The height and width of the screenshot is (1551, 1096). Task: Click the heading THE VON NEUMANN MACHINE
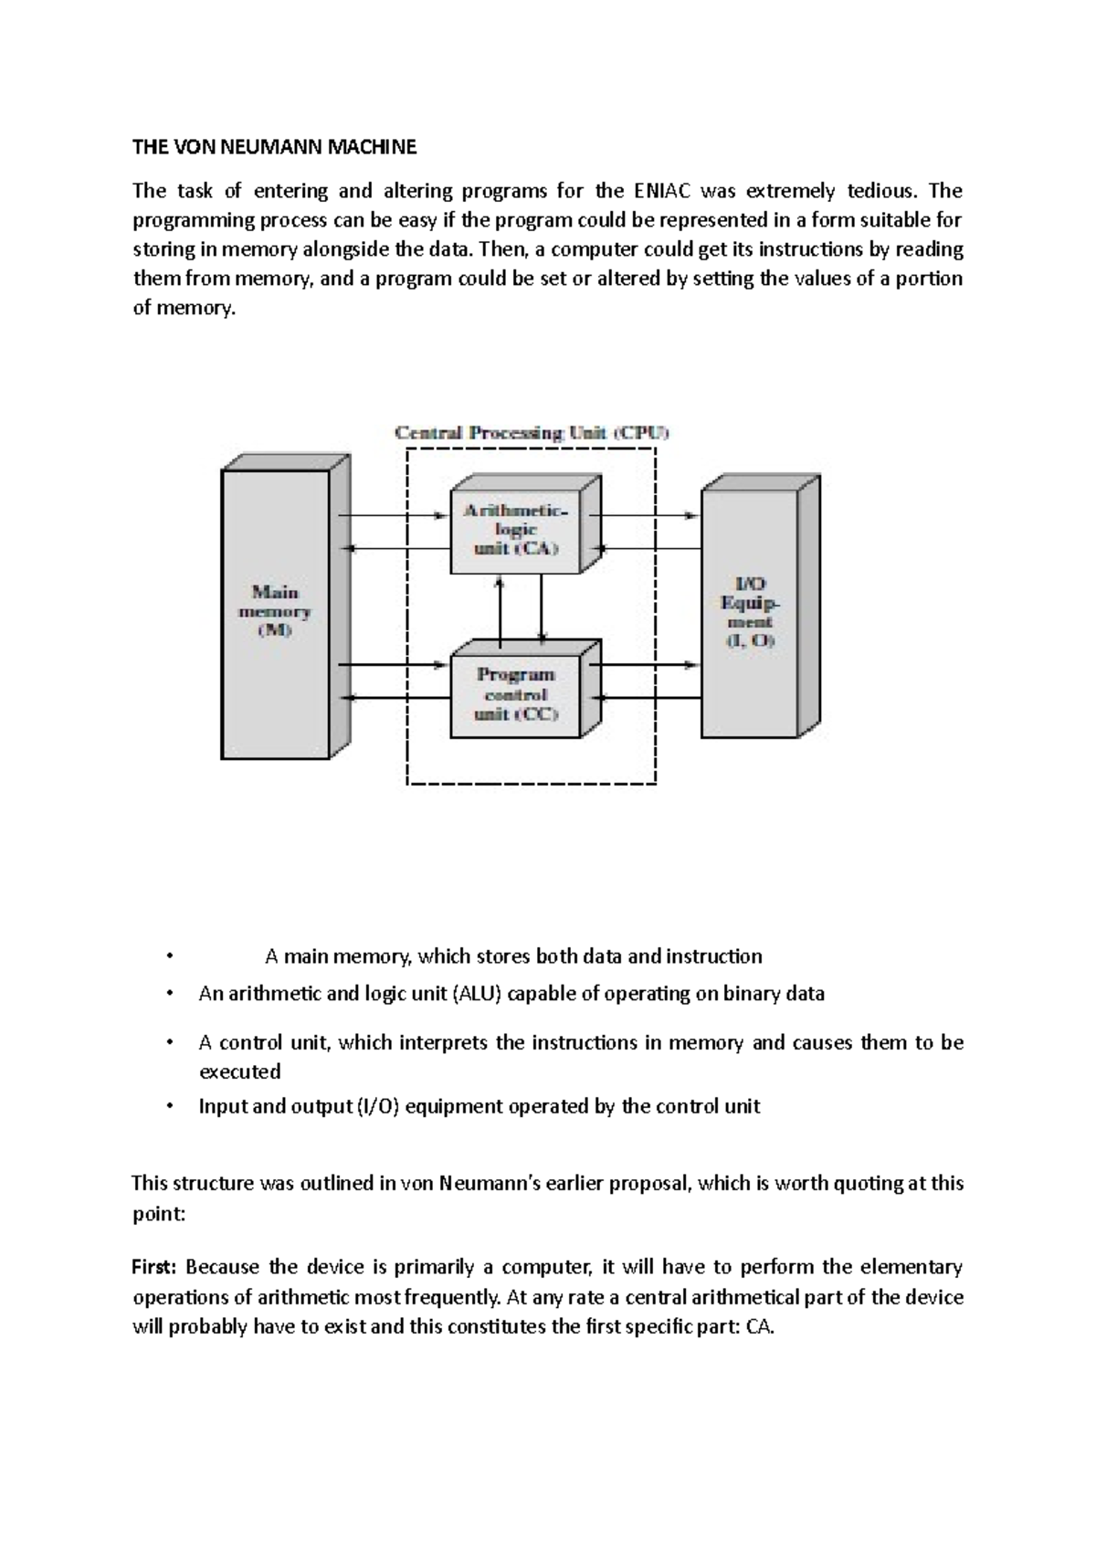point(274,146)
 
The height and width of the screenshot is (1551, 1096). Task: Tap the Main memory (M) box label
point(275,611)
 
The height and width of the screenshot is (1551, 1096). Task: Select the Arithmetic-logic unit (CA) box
point(516,530)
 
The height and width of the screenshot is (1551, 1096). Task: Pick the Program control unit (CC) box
point(516,694)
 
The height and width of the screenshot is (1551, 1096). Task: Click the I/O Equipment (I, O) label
point(750,612)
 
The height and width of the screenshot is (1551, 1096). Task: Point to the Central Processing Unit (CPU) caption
point(532,433)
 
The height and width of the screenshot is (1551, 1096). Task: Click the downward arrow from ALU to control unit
point(543,607)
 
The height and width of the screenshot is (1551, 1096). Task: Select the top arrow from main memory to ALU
point(393,515)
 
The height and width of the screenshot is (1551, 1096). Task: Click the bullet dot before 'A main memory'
point(169,957)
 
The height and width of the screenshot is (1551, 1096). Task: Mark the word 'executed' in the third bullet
point(239,1071)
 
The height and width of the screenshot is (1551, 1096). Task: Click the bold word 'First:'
point(156,1267)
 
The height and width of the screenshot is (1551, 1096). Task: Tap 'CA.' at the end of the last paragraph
point(760,1327)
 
